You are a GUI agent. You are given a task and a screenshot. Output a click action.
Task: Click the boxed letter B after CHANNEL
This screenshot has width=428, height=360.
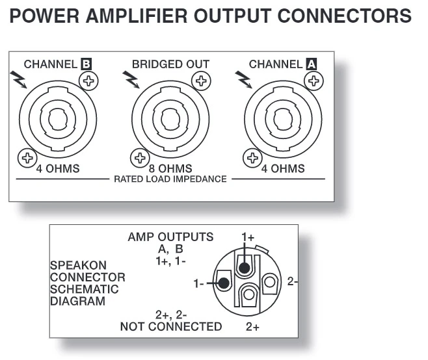coord(85,64)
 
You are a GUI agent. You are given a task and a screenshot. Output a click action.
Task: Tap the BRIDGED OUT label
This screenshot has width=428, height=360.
coord(170,64)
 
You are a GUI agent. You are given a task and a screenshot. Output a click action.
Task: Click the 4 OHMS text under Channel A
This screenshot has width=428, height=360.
coord(282,168)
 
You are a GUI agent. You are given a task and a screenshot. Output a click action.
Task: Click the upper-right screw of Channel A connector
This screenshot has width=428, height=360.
coord(314,81)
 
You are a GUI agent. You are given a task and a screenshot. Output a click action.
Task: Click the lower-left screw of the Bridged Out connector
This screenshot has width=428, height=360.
coord(139,157)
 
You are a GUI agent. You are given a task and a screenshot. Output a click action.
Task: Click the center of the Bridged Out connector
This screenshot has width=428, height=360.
coord(170,120)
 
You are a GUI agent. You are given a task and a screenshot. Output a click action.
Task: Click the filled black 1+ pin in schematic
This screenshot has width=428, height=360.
coord(244,266)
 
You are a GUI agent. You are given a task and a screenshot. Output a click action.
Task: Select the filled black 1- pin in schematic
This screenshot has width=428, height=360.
coord(224,283)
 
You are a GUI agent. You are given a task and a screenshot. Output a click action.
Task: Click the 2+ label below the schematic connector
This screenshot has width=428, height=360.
coord(252,327)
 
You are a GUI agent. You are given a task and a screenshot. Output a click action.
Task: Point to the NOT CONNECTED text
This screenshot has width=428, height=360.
coord(170,326)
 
